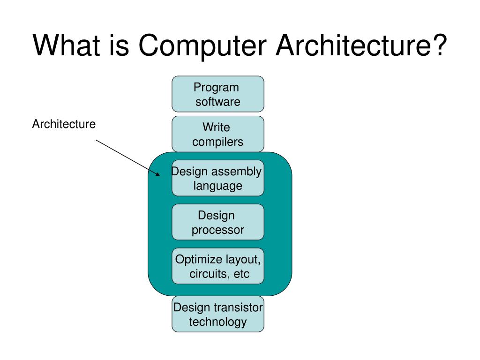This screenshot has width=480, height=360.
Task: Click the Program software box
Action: pyautogui.click(x=217, y=94)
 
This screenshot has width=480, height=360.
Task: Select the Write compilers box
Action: pyautogui.click(x=217, y=134)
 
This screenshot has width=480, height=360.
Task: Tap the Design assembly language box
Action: pyautogui.click(x=217, y=178)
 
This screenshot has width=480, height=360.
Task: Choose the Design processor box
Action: pyautogui.click(x=217, y=222)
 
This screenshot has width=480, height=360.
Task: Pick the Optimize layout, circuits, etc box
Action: pyautogui.click(x=217, y=266)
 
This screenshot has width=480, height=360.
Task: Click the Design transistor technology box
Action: pyautogui.click(x=217, y=314)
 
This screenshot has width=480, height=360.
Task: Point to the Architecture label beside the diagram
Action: pyautogui.click(x=64, y=124)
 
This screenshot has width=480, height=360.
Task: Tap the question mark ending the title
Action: pyautogui.click(x=438, y=46)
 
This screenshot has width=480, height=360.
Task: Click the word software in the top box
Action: pyautogui.click(x=217, y=102)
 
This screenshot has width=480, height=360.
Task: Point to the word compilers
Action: pyautogui.click(x=217, y=142)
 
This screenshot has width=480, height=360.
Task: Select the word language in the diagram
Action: pyautogui.click(x=218, y=186)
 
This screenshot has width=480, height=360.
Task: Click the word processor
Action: pyautogui.click(x=217, y=230)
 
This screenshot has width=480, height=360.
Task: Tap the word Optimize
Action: pyautogui.click(x=196, y=259)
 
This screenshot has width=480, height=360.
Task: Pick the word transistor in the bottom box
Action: pyautogui.click(x=238, y=307)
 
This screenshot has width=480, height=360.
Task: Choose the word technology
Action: pyautogui.click(x=217, y=322)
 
